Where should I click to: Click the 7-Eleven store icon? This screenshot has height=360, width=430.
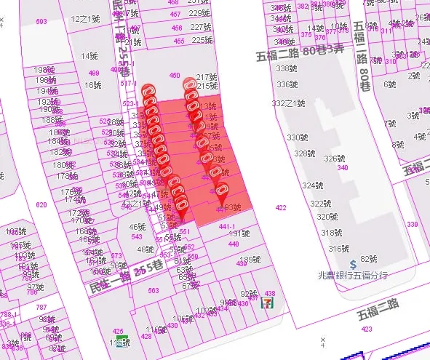click(270, 299)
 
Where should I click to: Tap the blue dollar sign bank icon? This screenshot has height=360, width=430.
click(352, 264)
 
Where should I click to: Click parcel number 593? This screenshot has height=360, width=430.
click(41, 22)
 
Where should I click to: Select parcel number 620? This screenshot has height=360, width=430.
click(41, 205)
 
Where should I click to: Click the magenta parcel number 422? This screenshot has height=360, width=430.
click(281, 208)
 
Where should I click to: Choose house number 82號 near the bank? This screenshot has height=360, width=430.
click(370, 258)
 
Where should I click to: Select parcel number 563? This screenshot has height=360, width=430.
click(154, 290)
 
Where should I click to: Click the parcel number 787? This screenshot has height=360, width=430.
click(41, 308)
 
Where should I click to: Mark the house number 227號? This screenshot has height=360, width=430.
click(201, 27)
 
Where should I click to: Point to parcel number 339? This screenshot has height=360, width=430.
click(413, 225)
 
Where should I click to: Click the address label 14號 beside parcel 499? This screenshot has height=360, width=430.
click(89, 56)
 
